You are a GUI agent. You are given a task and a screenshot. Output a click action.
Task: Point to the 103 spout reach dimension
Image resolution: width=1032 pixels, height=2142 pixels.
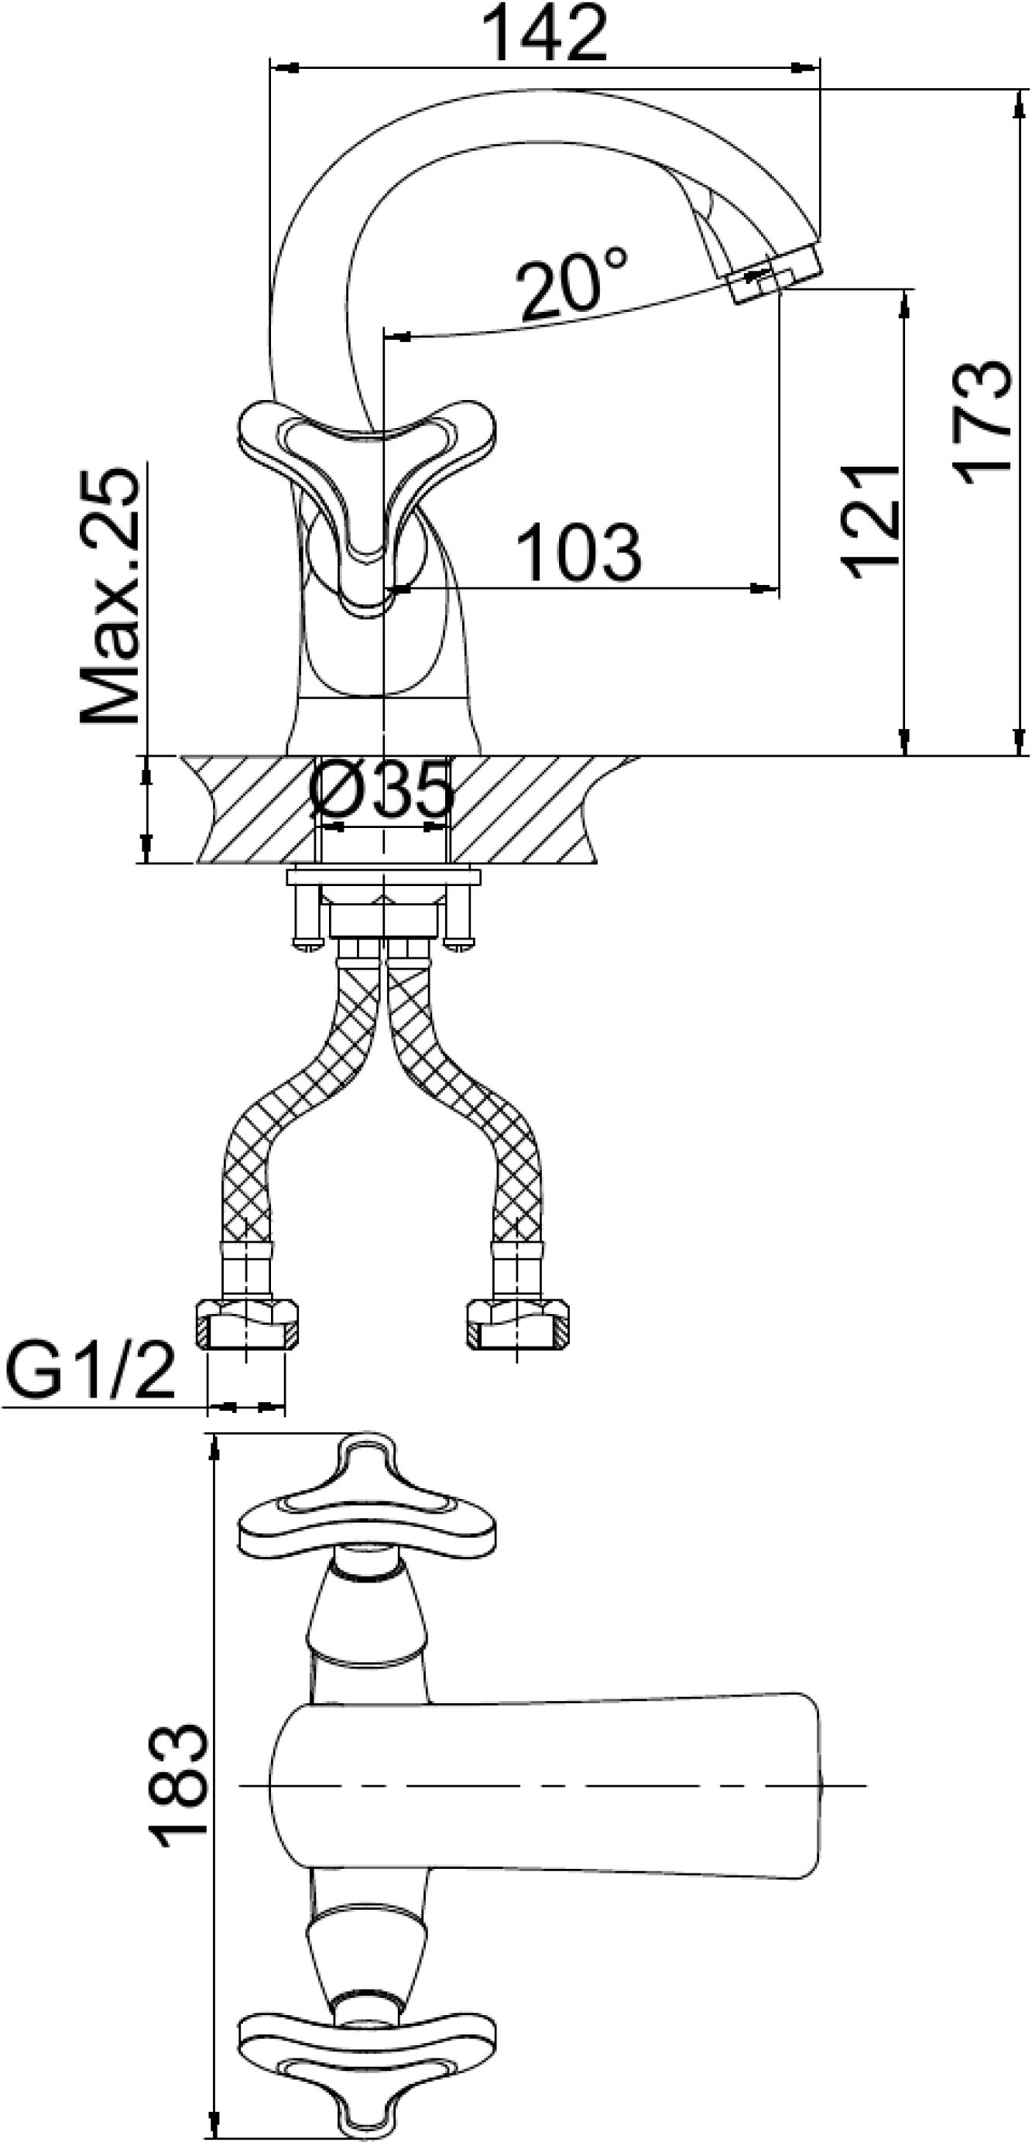[579, 552]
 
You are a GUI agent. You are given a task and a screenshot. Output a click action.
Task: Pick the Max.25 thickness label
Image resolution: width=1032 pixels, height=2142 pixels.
[110, 596]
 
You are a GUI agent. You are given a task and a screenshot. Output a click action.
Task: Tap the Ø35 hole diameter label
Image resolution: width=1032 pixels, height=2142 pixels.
[382, 789]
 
